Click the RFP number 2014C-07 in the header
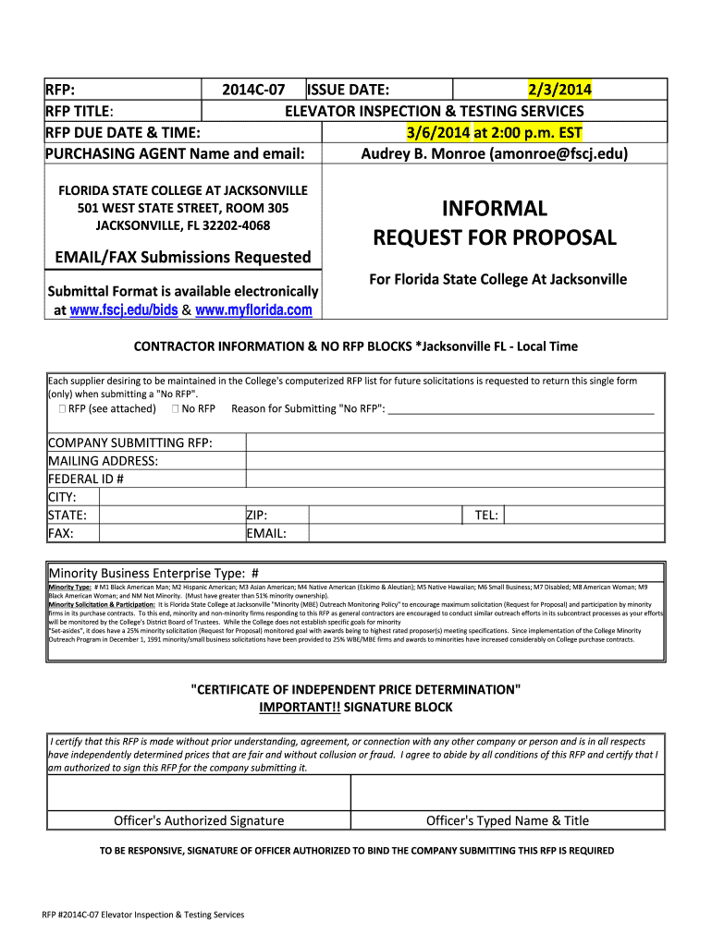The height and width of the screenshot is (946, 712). tap(252, 90)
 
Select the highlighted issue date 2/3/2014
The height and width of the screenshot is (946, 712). tap(559, 90)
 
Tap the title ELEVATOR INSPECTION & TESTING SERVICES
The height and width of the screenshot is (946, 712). tap(433, 111)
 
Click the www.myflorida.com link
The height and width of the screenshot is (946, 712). tap(252, 310)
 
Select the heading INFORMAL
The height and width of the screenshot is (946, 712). tap(494, 209)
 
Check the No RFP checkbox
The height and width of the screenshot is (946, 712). tap(176, 408)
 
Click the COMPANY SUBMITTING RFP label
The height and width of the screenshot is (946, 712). tap(130, 443)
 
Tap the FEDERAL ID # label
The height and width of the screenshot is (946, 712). tap(86, 479)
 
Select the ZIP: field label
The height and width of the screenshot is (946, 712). tap(263, 515)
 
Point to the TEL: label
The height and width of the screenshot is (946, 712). tap(486, 515)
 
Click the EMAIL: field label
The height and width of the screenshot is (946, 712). tap(266, 533)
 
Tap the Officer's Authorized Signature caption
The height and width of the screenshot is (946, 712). tap(199, 820)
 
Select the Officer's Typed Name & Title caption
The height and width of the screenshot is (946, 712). tap(507, 820)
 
